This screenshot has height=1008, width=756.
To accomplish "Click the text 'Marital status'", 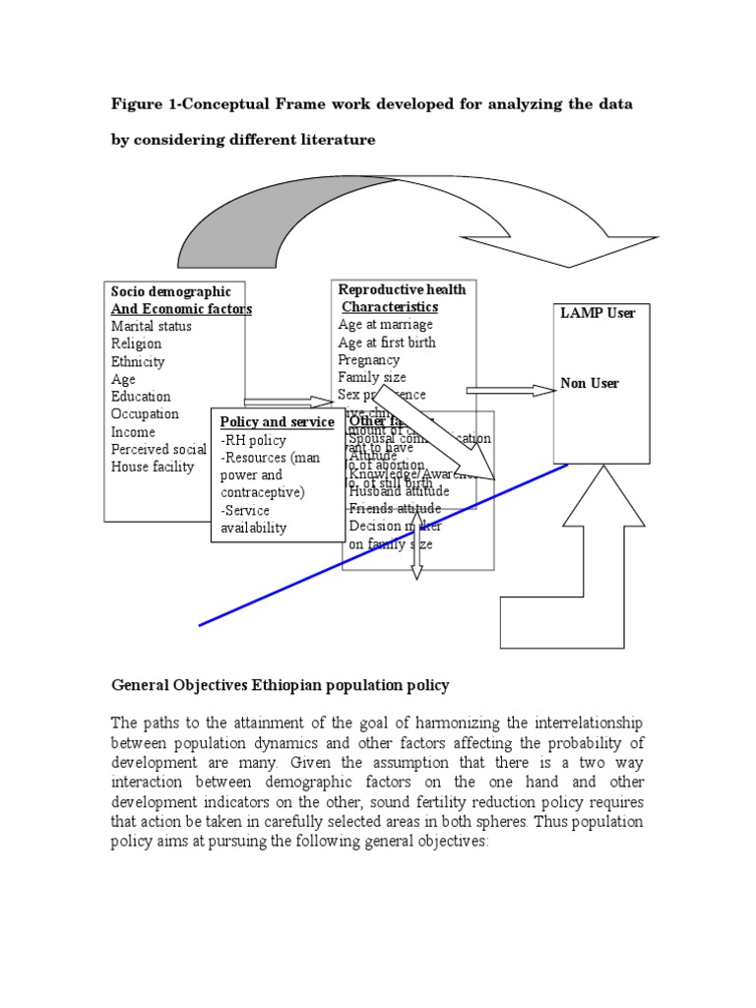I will pos(151,326).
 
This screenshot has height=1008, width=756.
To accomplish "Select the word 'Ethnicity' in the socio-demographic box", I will pos(138,361).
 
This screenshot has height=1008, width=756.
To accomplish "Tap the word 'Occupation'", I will pos(145,414).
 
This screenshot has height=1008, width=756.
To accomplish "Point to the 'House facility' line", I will pos(153,467).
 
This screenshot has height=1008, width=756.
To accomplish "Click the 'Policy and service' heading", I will pos(277,422).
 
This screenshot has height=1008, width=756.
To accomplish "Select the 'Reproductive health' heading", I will pos(402,289).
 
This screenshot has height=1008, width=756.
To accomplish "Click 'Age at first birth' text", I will pos(387,343).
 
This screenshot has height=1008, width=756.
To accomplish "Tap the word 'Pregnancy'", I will pos(368,360).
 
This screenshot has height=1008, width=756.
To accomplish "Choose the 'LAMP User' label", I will pos(598,313).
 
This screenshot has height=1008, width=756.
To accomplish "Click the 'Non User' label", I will pos(590,383).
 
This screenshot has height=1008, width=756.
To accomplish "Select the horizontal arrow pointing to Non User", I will pos(511,390).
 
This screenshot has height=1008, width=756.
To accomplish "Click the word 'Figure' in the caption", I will pos(136,103).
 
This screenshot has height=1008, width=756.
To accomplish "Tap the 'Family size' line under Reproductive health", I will pos(371,377).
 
